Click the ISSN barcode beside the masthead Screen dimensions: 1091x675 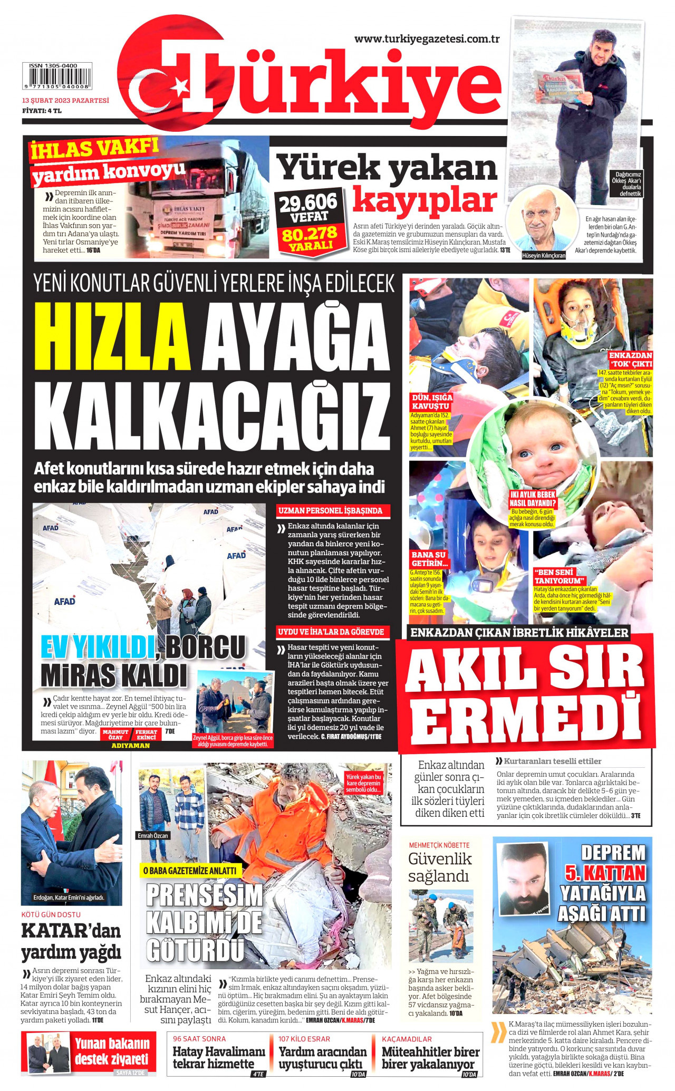[56, 76]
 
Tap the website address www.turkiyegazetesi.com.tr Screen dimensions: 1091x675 [427, 38]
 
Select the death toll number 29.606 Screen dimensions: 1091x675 [307, 202]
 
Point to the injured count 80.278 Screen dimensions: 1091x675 [310, 233]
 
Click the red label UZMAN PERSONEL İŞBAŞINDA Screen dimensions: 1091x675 [331, 510]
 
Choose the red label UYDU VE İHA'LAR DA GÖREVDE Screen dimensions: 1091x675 [331, 632]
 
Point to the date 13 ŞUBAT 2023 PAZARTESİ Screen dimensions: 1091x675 [65, 100]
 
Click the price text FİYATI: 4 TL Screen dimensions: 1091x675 [42, 111]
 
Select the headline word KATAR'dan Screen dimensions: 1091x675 [71, 930]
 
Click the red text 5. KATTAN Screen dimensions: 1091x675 [605, 873]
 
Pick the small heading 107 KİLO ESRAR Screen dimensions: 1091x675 [304, 1038]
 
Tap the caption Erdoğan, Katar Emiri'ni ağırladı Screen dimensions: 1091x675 [69, 897]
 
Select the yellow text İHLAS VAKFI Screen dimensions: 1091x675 [94, 148]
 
